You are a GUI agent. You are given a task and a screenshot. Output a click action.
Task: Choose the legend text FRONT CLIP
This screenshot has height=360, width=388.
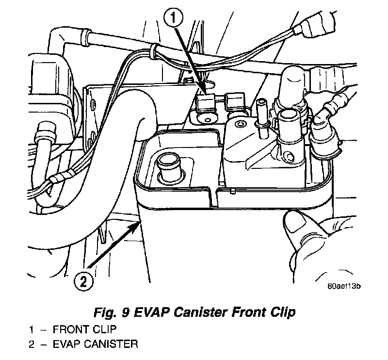(x=85, y=330)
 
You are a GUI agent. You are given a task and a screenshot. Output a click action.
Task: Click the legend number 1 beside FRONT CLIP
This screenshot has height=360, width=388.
(x=31, y=330)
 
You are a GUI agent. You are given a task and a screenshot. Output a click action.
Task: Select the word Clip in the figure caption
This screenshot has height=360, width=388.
(x=287, y=313)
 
